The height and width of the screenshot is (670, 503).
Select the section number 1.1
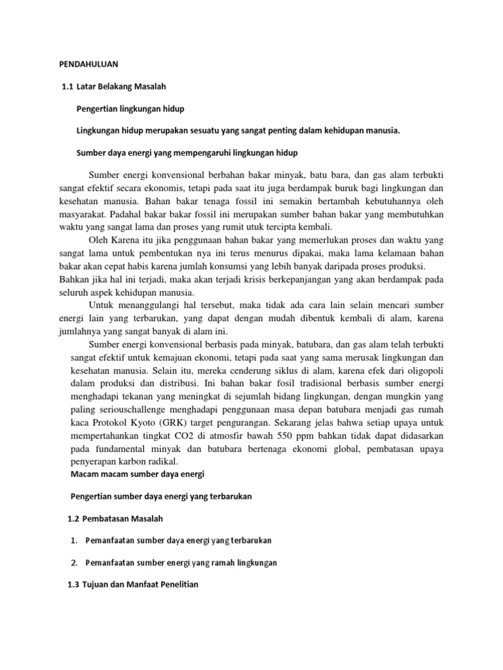click(65, 85)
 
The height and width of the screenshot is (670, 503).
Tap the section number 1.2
click(75, 518)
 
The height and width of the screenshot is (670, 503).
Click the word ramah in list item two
click(211, 563)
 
